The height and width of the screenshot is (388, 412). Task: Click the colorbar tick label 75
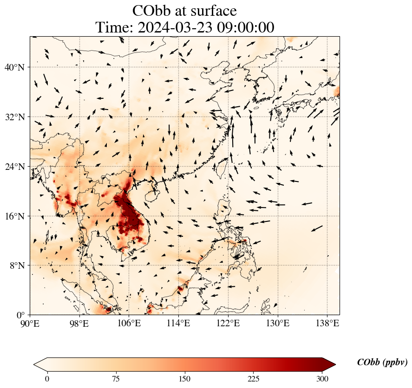(x=116, y=379)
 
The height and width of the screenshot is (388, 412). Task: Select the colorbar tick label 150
(x=185, y=379)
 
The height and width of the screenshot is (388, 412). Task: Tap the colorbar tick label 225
(x=254, y=379)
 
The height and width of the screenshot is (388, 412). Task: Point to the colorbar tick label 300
(x=322, y=379)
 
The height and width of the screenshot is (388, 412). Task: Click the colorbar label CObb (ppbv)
(x=382, y=362)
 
